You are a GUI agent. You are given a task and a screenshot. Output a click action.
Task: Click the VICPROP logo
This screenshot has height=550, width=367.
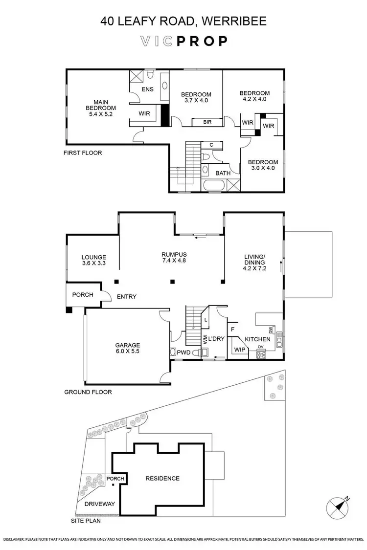(183, 41)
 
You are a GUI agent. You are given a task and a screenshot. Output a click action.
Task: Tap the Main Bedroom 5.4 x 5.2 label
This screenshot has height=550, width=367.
(101, 108)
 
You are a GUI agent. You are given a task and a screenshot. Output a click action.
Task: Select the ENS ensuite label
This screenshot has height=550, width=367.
(147, 90)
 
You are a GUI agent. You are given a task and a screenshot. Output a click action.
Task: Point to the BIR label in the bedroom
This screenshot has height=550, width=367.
(208, 122)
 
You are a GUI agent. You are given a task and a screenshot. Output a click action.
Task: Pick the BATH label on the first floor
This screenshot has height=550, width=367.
(223, 173)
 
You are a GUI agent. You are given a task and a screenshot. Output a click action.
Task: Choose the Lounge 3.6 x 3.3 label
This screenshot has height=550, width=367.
(93, 260)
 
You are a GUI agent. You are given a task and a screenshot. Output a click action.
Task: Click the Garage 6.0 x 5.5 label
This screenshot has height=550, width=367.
(128, 348)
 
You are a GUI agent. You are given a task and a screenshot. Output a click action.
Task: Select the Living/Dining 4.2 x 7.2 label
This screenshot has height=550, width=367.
(254, 264)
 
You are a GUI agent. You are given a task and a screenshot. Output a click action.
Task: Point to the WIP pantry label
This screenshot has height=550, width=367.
(240, 350)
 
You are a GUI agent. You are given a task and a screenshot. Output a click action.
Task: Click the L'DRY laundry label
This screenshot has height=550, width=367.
(216, 339)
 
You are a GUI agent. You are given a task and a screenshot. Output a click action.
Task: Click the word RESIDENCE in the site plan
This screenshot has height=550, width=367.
(162, 478)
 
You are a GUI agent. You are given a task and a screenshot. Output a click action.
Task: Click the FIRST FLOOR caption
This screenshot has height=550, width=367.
(83, 153)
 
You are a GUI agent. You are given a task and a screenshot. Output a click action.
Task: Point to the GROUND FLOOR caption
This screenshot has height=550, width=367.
(88, 392)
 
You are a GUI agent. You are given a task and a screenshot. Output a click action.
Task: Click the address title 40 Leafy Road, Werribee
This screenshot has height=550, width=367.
(183, 21)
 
